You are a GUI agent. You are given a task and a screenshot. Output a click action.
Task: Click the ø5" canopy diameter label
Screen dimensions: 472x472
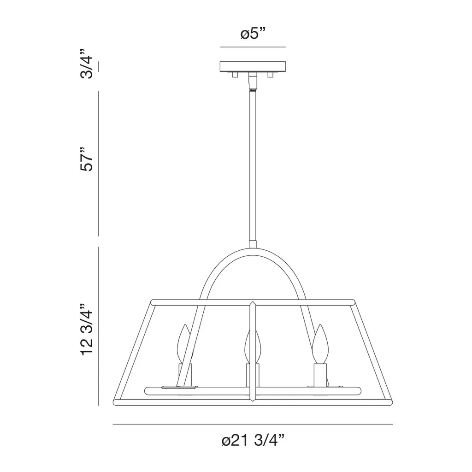tap(253, 34)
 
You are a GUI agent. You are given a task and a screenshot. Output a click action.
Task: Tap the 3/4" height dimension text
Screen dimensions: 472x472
tap(87, 64)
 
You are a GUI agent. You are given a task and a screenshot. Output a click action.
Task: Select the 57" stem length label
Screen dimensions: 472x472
tap(87, 159)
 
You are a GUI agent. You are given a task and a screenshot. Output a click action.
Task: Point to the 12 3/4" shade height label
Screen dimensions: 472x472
tap(87, 330)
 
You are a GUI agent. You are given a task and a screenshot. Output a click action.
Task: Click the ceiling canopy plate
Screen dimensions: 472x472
tap(253, 66)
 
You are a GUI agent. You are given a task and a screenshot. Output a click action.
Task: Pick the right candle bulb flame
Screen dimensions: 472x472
tap(320, 344)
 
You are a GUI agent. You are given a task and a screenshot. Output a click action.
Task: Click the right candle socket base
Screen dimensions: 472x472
tap(320, 375)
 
